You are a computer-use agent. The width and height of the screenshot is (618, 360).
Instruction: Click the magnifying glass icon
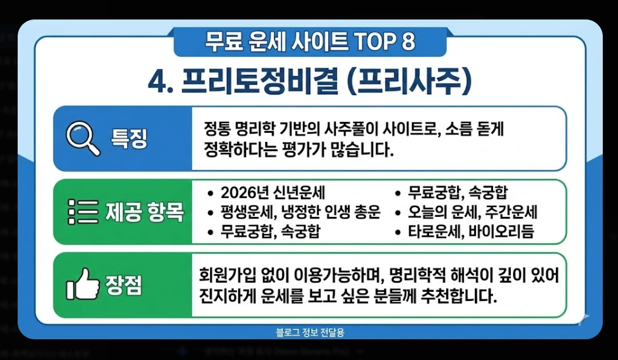[x=82, y=139]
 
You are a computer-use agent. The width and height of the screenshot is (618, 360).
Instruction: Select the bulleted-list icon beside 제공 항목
[x=82, y=212]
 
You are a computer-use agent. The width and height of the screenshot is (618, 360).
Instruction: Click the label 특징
[x=129, y=139]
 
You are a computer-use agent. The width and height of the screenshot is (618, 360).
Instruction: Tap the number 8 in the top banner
[x=408, y=42]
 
